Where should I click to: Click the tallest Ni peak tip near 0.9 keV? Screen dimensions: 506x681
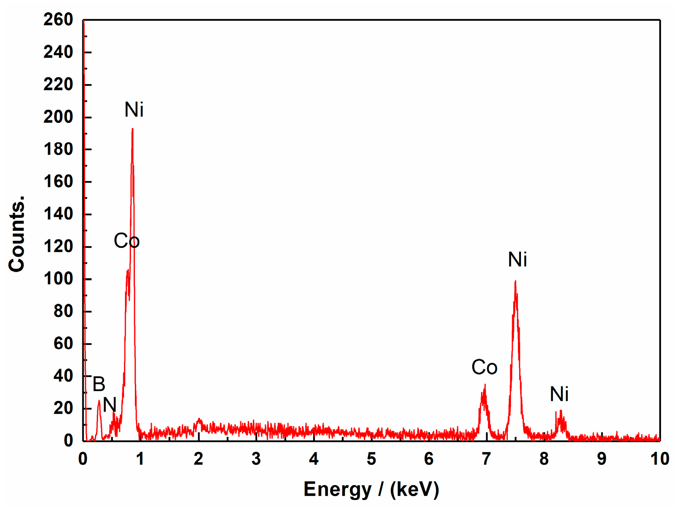pyautogui.click(x=132, y=129)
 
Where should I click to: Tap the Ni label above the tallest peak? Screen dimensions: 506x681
pyautogui.click(x=134, y=110)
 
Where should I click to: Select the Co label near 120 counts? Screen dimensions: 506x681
pyautogui.click(x=127, y=241)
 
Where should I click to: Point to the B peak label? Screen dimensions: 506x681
pyautogui.click(x=99, y=384)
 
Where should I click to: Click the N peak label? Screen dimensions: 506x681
pyautogui.click(x=110, y=405)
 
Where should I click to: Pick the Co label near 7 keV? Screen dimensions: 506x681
pyautogui.click(x=484, y=368)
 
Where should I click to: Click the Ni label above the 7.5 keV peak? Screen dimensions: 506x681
pyautogui.click(x=517, y=260)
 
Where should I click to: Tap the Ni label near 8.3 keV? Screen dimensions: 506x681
pyautogui.click(x=559, y=394)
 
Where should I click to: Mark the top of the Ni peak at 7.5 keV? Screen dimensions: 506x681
pyautogui.click(x=515, y=282)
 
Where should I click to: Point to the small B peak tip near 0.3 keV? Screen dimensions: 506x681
pyautogui.click(x=99, y=401)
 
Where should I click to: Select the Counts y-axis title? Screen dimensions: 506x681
pyautogui.click(x=16, y=234)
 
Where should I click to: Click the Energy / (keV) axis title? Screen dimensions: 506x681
pyautogui.click(x=371, y=490)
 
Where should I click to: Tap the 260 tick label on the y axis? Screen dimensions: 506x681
pyautogui.click(x=58, y=20)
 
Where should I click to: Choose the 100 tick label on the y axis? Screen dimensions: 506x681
pyautogui.click(x=58, y=279)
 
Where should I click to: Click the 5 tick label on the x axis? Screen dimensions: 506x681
pyautogui.click(x=371, y=459)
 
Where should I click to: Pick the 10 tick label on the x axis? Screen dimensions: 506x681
pyautogui.click(x=659, y=459)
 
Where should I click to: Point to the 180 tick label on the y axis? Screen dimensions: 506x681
pyautogui.click(x=58, y=149)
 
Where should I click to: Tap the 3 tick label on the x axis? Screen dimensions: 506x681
pyautogui.click(x=256, y=459)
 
